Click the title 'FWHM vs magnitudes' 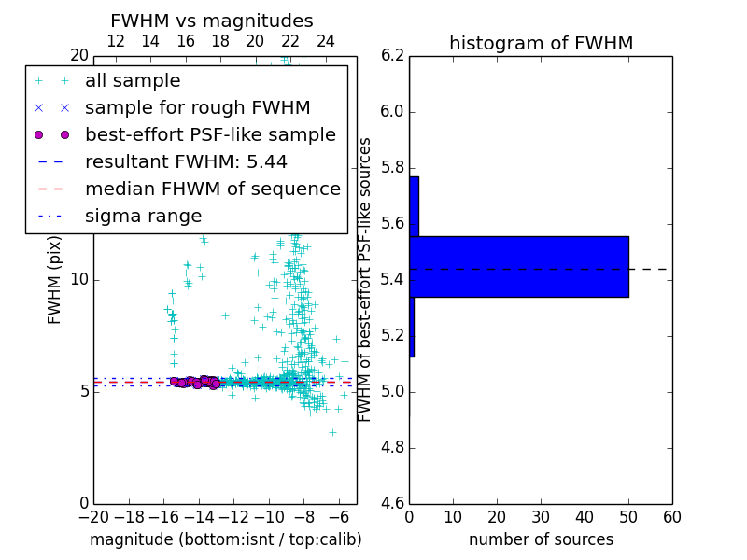(x=211, y=21)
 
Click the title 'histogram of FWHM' (x=541, y=43)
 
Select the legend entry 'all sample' (x=133, y=81)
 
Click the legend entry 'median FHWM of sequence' (x=212, y=189)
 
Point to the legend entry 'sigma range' (x=143, y=217)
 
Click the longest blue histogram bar (x=518, y=267)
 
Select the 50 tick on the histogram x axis (x=628, y=516)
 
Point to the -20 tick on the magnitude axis (x=92, y=516)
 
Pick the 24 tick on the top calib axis (x=326, y=41)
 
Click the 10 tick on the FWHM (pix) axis (x=79, y=280)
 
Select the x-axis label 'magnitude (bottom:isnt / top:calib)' (x=225, y=539)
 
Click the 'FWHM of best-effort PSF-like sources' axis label (x=366, y=280)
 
